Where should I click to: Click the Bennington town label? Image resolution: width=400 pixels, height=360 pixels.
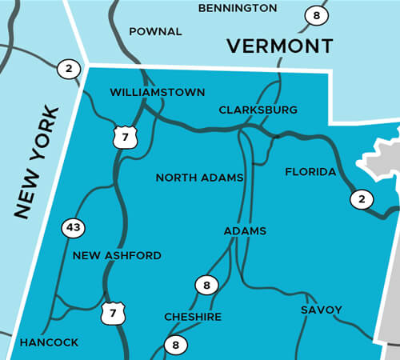(x=237, y=8)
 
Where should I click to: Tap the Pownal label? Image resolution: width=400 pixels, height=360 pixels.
(x=155, y=32)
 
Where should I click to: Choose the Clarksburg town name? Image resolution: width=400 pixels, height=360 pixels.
(x=258, y=110)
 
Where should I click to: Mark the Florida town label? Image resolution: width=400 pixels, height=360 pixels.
(x=310, y=172)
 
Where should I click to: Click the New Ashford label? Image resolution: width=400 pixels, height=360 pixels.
(x=117, y=256)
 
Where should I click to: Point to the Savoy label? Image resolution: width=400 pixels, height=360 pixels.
(x=322, y=310)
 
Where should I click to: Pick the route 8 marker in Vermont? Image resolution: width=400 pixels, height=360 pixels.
(x=316, y=14)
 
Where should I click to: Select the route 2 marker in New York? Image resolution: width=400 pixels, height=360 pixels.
(x=69, y=69)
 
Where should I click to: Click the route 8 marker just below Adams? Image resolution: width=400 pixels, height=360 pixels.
(x=206, y=284)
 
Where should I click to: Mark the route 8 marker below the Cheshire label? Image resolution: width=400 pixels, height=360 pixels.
(x=174, y=346)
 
